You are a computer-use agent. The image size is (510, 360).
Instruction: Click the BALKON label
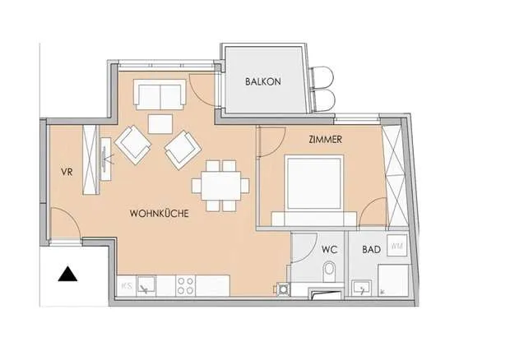point(262,81)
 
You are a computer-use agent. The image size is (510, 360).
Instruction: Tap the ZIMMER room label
point(325,140)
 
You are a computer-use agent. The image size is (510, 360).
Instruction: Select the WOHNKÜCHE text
point(159,214)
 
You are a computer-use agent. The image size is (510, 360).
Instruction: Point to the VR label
point(67,172)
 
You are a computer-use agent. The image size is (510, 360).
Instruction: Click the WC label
point(329,250)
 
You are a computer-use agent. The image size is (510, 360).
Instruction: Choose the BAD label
point(372,250)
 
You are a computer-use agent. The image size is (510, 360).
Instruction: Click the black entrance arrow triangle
point(67,274)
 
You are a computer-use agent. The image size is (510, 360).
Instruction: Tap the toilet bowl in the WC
point(330,270)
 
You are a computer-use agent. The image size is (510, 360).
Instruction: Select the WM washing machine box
point(396,246)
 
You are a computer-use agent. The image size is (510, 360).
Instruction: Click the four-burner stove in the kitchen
point(186,286)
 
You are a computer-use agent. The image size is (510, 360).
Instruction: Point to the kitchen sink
point(146,285)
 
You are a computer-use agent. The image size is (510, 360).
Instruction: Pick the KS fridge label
point(127,286)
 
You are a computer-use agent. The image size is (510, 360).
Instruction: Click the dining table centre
point(220,186)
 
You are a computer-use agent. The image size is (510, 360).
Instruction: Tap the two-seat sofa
point(160,95)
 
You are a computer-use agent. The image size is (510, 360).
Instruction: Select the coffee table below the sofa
point(160,123)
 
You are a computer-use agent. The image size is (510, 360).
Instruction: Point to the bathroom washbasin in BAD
point(361,288)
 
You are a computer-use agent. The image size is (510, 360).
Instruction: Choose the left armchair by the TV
point(132,145)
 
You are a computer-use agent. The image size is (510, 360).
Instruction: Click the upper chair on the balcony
point(322,77)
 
